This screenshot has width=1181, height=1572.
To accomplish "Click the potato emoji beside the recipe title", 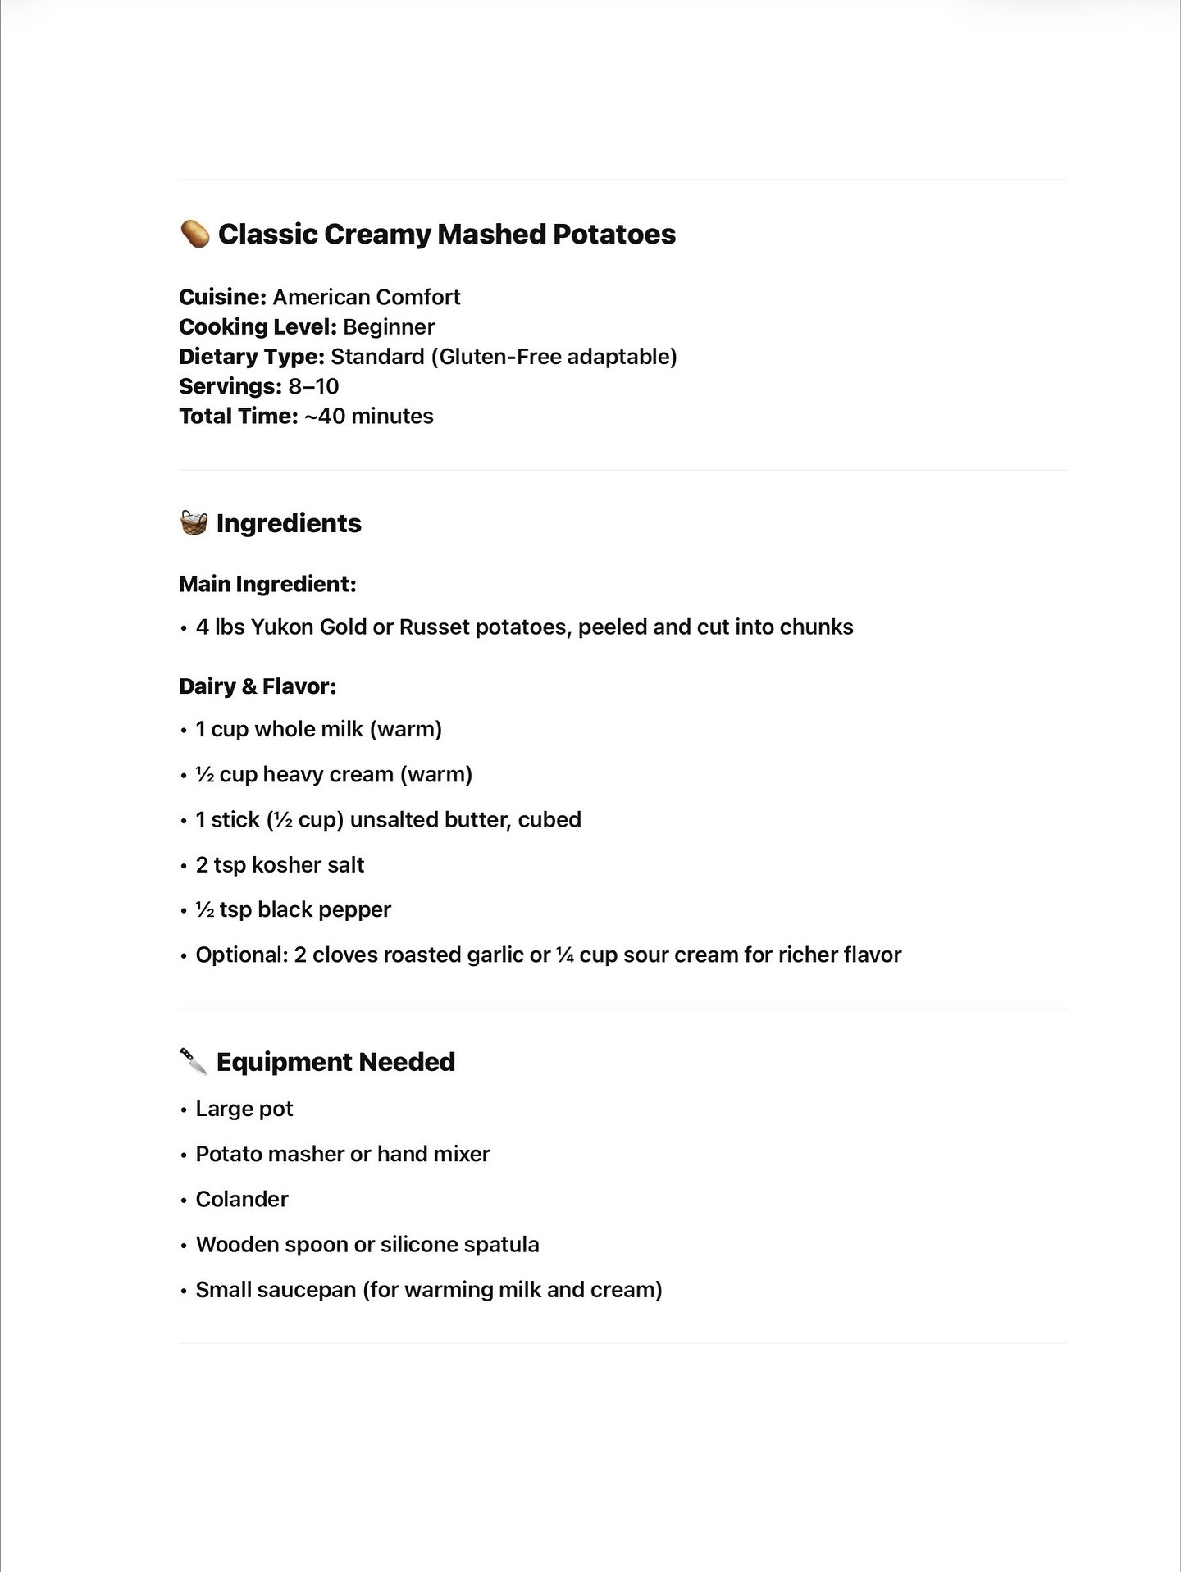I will click(x=195, y=234).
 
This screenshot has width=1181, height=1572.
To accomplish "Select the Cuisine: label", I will click(x=222, y=297).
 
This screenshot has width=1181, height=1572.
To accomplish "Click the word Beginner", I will click(x=389, y=326).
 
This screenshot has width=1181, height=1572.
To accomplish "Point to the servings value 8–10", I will click(x=313, y=386).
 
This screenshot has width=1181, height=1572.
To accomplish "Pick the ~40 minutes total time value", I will click(x=368, y=416).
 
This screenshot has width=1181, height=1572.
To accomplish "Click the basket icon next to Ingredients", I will click(x=194, y=522).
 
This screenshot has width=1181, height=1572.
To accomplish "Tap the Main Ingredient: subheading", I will click(x=267, y=584).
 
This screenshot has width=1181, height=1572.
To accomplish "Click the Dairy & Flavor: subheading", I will click(x=258, y=686).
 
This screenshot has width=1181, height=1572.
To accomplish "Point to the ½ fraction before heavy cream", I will click(x=204, y=775).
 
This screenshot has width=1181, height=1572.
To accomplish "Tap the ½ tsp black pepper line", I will click(x=293, y=910).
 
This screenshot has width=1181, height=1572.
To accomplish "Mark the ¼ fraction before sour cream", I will click(x=564, y=955).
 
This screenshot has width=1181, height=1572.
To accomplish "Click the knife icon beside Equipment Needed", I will click(x=194, y=1061).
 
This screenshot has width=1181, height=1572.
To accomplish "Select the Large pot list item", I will click(x=244, y=1109).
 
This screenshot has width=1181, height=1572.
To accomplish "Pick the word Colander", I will click(x=242, y=1199).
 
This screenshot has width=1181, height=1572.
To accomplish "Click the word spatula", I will click(x=500, y=1245).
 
